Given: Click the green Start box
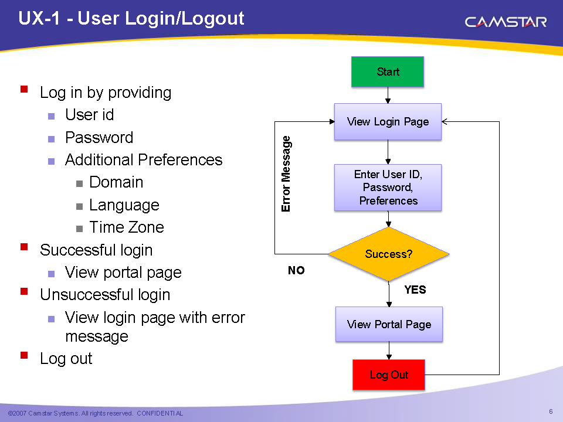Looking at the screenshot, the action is (x=388, y=72).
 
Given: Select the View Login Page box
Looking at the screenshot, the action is (x=388, y=122).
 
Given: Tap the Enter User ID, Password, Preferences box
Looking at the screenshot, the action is (x=388, y=188).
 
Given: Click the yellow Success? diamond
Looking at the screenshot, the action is (x=388, y=254).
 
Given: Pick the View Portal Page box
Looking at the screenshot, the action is (x=389, y=324).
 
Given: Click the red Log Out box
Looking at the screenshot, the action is (x=389, y=375).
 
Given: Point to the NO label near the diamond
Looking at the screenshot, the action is (x=296, y=270).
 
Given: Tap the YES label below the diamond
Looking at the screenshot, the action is (x=415, y=290).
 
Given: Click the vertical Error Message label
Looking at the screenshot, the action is (x=286, y=173).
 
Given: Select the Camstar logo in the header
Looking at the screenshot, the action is (x=506, y=22).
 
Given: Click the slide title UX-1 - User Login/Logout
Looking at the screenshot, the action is (x=131, y=18).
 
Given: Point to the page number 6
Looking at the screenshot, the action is (x=551, y=411).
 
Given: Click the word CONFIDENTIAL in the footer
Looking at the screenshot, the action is (x=160, y=413).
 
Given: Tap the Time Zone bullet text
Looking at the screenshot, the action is (x=127, y=227).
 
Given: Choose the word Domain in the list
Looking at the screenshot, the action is (x=116, y=182).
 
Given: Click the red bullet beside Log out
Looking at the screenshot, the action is (x=24, y=355).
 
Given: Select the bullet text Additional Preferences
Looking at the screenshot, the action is (x=144, y=159).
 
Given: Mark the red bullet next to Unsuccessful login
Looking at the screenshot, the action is (x=24, y=291).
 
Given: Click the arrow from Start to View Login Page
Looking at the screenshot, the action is (x=388, y=95).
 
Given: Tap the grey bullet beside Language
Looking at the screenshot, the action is (x=79, y=206).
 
